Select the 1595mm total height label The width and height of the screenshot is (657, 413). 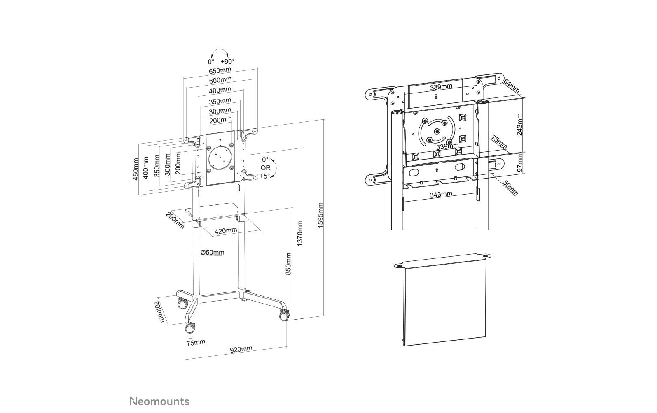(321, 215)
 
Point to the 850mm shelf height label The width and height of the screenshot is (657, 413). (288, 264)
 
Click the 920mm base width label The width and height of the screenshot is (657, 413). (241, 349)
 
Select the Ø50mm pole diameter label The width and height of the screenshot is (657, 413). (213, 252)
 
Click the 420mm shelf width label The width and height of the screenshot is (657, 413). (225, 231)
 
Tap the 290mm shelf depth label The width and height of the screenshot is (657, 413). (175, 220)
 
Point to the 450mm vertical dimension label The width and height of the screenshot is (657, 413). (135, 169)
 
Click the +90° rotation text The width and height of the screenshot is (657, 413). (227, 61)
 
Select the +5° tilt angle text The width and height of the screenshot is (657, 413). (265, 176)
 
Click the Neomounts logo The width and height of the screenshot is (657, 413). (159, 401)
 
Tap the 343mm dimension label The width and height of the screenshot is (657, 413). (441, 194)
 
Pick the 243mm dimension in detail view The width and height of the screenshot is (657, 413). (519, 124)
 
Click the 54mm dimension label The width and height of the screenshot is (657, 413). (512, 86)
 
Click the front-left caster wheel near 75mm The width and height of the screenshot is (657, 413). (190, 328)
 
